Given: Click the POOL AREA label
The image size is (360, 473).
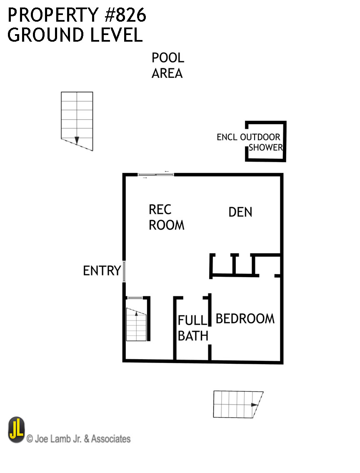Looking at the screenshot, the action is coord(167,65).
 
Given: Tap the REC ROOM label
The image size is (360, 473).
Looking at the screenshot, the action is coord(166,217).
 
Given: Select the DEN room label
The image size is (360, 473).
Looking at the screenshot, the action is coord(240,212).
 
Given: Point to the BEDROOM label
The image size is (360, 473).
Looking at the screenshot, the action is coord(245,319).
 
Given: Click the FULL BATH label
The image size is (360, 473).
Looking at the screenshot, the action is coord(193,328).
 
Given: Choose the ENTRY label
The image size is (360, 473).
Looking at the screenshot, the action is coord(102,270).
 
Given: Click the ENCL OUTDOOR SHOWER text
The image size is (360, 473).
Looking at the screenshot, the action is coord(250,142).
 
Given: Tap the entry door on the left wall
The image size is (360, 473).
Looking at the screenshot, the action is coord(124,271).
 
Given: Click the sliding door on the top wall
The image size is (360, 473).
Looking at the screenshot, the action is coord(155,175).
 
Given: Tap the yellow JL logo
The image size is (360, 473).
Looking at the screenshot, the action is coord(16,430).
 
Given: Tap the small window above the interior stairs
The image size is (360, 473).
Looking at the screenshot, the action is coord(135,298).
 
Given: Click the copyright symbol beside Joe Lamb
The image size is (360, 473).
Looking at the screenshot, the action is coord(30,438).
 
